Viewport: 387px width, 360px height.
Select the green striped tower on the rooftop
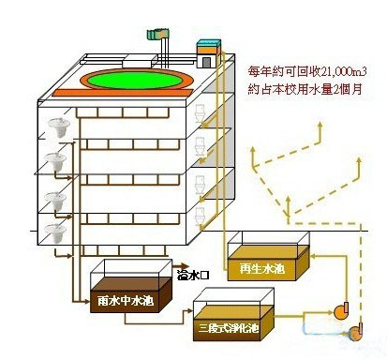(156, 37)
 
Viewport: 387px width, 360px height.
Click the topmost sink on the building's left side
(58, 128)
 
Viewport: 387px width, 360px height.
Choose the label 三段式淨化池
(230, 327)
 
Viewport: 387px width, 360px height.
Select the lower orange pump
(357, 329)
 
